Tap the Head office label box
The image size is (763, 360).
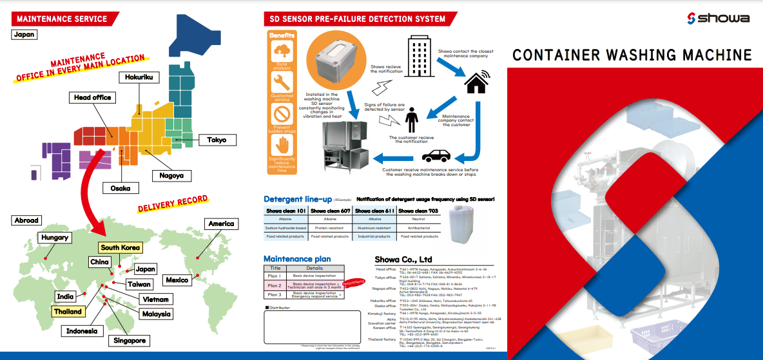pyautogui.click(x=92, y=98)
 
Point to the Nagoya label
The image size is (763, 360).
pyautogui.click(x=171, y=175)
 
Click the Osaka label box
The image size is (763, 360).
pyautogui.click(x=121, y=188)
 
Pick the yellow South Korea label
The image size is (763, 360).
pyautogui.click(x=120, y=247)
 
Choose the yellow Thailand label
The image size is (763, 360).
pyautogui.click(x=68, y=312)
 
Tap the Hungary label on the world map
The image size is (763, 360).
pyautogui.click(x=55, y=238)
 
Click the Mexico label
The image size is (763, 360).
pyautogui.click(x=177, y=280)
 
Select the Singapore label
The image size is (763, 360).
pyautogui.click(x=129, y=341)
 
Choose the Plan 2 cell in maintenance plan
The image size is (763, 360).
pyautogui.click(x=275, y=285)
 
